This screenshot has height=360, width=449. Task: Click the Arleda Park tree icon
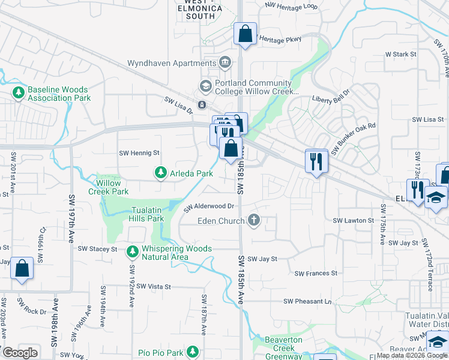point(160,173)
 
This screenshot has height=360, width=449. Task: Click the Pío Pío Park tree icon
point(192,351)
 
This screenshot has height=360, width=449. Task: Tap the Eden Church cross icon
point(254,221)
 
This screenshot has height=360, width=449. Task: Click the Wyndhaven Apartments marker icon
point(225,62)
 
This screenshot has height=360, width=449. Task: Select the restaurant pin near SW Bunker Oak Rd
point(316,161)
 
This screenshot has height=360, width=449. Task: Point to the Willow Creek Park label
point(109,187)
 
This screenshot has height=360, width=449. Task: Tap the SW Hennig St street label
point(139,153)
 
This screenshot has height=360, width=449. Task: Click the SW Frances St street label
point(316,274)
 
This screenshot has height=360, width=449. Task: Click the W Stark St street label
point(401,54)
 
